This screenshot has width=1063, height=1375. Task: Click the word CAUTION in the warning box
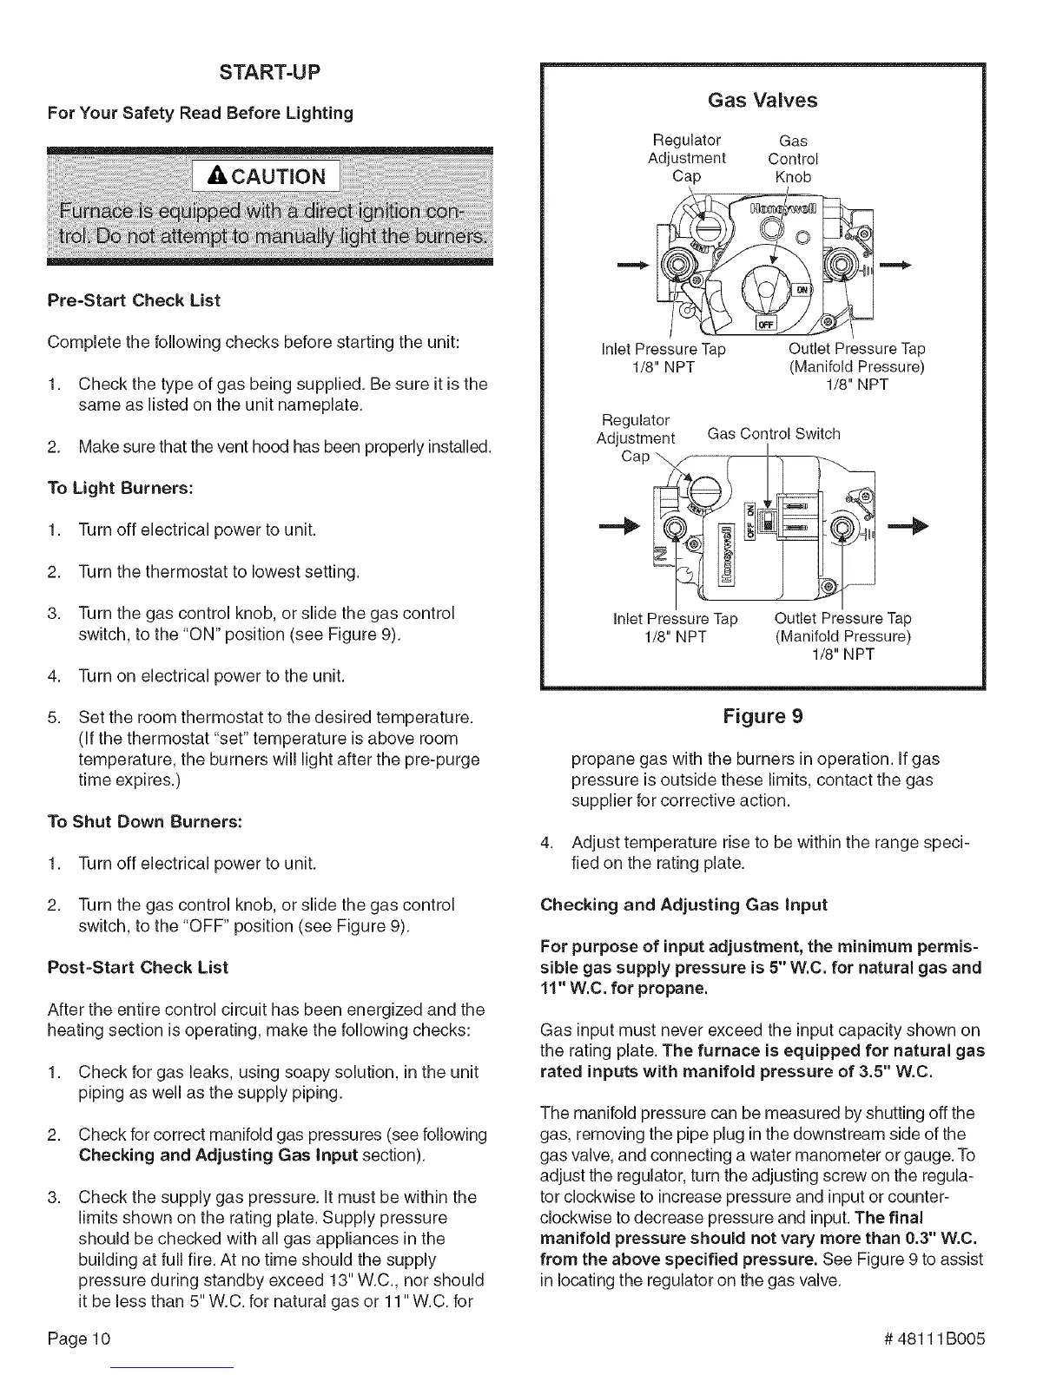click(267, 177)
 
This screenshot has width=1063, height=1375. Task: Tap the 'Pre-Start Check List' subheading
click(133, 300)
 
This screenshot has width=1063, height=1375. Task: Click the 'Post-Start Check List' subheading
click(137, 967)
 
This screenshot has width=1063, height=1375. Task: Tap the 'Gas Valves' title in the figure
click(763, 101)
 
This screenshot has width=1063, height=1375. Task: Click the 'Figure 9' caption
click(763, 716)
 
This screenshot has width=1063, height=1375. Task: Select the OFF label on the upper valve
click(765, 324)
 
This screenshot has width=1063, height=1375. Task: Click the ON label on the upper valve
click(802, 291)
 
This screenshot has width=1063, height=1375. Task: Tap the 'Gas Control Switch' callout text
click(774, 433)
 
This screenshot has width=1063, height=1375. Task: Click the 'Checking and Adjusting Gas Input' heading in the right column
click(683, 905)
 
